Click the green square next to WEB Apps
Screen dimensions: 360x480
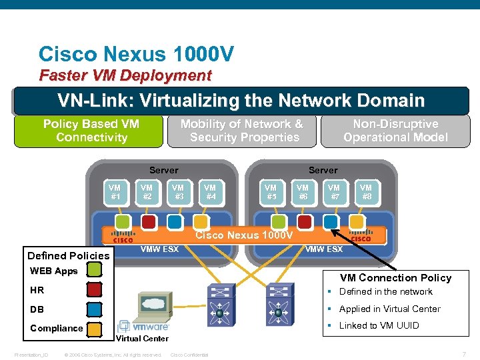(x=94, y=270)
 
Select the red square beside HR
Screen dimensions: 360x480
(x=94, y=289)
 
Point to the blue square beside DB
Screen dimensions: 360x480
(x=94, y=309)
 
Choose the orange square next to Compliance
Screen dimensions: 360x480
(x=94, y=327)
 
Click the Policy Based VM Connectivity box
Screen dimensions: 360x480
(x=91, y=131)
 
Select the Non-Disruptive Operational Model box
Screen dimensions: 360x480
(x=395, y=131)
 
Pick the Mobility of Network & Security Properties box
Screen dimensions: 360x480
(x=241, y=131)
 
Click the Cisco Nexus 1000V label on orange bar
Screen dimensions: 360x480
(x=243, y=235)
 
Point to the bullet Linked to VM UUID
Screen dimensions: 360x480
(x=379, y=325)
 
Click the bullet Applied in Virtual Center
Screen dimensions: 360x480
(x=389, y=309)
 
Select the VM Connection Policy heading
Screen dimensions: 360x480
(x=395, y=277)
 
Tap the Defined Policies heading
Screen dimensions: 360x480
(x=69, y=255)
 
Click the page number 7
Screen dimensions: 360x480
(x=463, y=353)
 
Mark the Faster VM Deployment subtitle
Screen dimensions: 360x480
(x=125, y=75)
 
